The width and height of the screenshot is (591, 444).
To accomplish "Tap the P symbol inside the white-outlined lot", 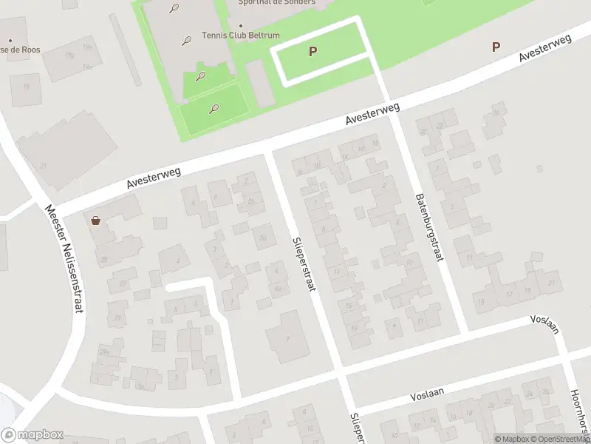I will (x=312, y=52).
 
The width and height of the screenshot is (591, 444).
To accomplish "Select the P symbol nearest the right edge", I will (x=496, y=47).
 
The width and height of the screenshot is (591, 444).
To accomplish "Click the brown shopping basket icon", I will (x=95, y=221).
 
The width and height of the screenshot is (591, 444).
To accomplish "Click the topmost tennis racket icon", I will (x=174, y=9).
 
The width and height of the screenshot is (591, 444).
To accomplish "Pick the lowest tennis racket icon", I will (x=213, y=109).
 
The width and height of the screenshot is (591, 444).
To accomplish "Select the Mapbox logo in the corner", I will (x=33, y=435).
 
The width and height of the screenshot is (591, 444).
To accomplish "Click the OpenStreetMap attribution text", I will (x=558, y=440).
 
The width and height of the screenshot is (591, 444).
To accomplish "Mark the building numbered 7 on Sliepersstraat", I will (x=287, y=337).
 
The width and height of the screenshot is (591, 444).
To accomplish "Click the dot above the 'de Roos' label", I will (x=10, y=40).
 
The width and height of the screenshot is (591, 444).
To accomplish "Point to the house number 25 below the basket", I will (x=105, y=259).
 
